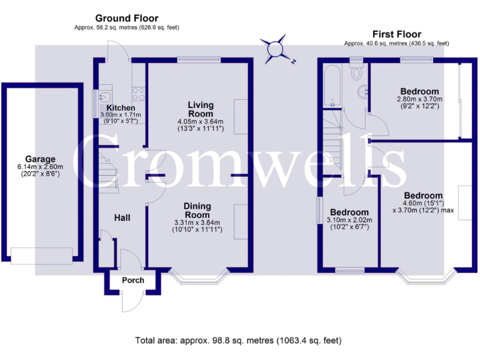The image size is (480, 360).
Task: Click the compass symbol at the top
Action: click(276, 51)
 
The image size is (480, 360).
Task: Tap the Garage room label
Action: click(40, 159)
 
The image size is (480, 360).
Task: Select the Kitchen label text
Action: click(121, 108)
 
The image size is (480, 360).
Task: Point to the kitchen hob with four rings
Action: click(139, 94)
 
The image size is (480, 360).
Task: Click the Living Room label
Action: click(201, 109)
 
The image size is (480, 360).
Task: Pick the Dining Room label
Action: click(197, 211)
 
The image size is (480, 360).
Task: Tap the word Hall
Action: click(122, 217)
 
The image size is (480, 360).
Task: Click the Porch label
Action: click(132, 280)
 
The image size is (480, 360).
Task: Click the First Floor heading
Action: click(396, 34)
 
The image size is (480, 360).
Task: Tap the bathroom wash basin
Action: click(363, 92)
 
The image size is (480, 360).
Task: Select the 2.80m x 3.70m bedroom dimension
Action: click(419, 99)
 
